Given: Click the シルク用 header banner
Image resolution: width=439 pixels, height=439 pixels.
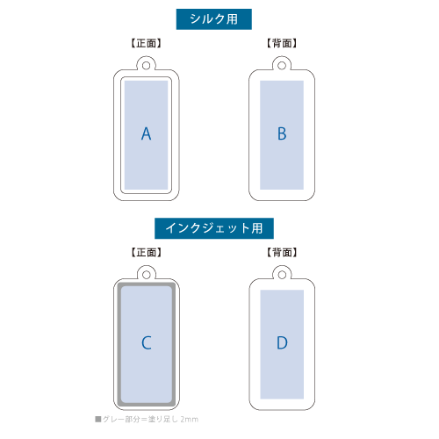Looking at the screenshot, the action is pyautogui.click(x=214, y=19).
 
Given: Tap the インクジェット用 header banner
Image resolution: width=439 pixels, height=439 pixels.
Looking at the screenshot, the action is pyautogui.click(x=214, y=228).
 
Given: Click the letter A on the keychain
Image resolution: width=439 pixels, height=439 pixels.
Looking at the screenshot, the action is pyautogui.click(x=146, y=134).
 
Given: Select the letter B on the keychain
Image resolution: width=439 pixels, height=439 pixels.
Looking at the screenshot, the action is pyautogui.click(x=282, y=134).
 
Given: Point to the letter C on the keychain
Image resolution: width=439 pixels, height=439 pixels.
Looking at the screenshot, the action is pyautogui.click(x=147, y=343).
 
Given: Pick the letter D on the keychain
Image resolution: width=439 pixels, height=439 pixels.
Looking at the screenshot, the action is pyautogui.click(x=282, y=343).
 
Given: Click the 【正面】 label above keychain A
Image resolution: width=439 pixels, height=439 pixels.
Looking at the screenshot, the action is pyautogui.click(x=146, y=43).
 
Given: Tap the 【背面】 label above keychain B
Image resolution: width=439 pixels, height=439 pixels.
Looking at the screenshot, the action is pyautogui.click(x=282, y=43).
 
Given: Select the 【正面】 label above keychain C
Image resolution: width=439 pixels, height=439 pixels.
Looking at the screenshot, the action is pyautogui.click(x=146, y=252).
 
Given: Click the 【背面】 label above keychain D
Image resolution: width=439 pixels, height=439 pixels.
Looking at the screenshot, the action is pyautogui.click(x=282, y=252).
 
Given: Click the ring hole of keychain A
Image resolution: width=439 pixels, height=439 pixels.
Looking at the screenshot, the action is pyautogui.click(x=146, y=66).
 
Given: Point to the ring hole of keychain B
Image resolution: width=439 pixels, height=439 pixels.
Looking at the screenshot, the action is pyautogui.click(x=282, y=66).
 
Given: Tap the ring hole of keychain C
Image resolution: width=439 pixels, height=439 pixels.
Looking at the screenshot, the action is pyautogui.click(x=147, y=275).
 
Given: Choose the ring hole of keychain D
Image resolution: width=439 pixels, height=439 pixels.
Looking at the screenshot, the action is pyautogui.click(x=282, y=275).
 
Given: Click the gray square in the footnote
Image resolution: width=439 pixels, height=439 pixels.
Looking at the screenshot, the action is pyautogui.click(x=98, y=419).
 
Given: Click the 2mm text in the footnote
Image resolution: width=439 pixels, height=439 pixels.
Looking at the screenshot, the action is pyautogui.click(x=189, y=420).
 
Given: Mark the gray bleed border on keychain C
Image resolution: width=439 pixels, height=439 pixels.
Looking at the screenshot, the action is pyautogui.click(x=119, y=344).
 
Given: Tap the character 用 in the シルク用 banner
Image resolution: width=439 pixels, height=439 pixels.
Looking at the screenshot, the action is pyautogui.click(x=232, y=19).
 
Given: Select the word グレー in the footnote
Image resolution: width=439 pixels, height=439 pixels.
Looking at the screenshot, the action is pyautogui.click(x=113, y=420).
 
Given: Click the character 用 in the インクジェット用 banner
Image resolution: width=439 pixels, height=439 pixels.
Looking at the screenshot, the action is pyautogui.click(x=256, y=228).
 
